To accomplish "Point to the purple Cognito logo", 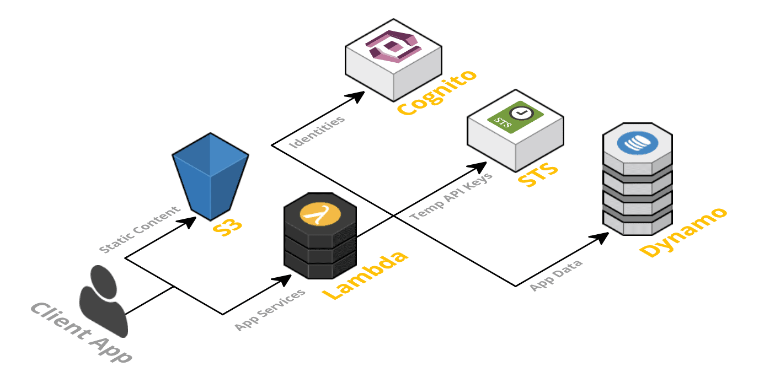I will [393, 46].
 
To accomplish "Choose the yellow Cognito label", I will [436, 93].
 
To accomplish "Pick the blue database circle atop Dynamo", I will [637, 142].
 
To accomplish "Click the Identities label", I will [318, 132].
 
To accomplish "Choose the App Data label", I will [556, 276].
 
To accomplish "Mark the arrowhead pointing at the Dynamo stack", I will [601, 238].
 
